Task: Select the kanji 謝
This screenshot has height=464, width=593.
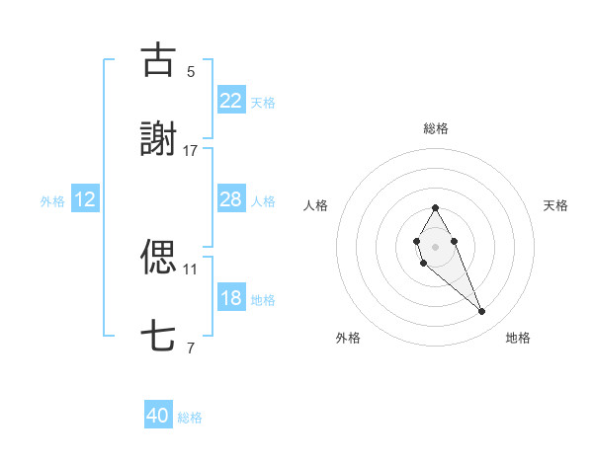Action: point(159,140)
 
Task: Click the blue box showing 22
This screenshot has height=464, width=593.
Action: point(230,101)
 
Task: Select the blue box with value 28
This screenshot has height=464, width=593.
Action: point(230,199)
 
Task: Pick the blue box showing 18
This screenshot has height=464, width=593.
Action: point(230,298)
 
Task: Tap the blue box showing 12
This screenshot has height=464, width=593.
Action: point(85,199)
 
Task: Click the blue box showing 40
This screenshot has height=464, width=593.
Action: point(158,417)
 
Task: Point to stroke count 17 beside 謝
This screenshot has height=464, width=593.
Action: point(191,151)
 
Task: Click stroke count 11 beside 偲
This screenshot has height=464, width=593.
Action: point(191,268)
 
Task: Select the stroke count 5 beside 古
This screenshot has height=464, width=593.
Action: point(191,71)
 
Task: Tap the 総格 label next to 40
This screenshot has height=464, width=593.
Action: point(190,418)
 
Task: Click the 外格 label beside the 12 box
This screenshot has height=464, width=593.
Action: point(52,200)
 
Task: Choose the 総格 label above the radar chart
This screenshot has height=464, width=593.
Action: point(435,128)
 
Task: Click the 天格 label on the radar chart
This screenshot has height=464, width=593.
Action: point(555,205)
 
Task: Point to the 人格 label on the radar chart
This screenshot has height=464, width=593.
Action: point(315,205)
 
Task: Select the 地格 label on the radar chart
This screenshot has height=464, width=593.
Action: point(518,338)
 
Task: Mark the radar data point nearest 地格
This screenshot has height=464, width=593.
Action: point(482,312)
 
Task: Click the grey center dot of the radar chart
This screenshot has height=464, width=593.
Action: point(435,245)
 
